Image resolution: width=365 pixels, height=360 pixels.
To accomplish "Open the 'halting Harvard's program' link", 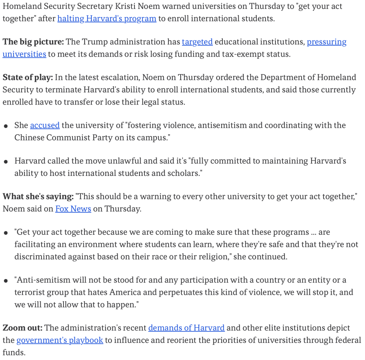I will [107, 19].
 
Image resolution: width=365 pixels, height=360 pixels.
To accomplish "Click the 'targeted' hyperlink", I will [197, 42].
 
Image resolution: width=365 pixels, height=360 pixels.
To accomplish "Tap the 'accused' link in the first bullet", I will [45, 125].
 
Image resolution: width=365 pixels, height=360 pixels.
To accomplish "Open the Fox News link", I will [73, 209].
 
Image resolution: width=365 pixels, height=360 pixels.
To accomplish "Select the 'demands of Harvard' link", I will [186, 328].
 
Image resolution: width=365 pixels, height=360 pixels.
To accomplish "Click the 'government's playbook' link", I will [60, 340].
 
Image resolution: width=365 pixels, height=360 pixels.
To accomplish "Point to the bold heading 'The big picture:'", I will [33, 42].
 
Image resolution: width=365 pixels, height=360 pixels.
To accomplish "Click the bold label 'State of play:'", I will [27, 77].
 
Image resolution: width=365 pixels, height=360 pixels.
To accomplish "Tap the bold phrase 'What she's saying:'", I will [38, 197].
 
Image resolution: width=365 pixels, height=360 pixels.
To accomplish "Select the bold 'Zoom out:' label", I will [22, 328].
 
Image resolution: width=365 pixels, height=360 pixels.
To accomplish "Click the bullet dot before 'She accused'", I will [6, 126].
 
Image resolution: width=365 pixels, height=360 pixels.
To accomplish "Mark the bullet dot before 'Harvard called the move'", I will [6, 162].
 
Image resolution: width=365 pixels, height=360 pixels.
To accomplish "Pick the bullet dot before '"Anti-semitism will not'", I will [6, 281].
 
